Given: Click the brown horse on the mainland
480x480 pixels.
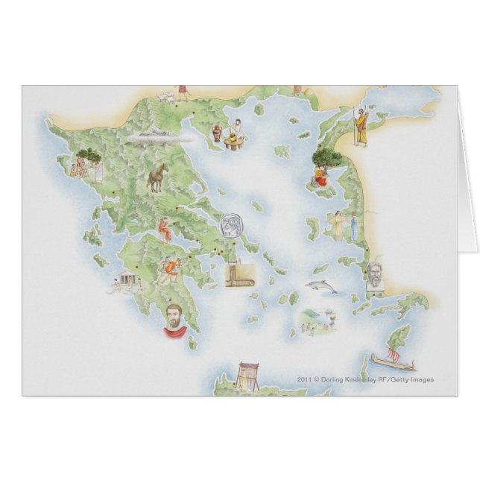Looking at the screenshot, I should pyautogui.click(x=157, y=178).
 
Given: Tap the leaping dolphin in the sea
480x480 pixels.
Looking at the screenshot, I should pyautogui.click(x=323, y=285).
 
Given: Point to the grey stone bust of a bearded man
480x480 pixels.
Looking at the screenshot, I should pyautogui.click(x=374, y=275).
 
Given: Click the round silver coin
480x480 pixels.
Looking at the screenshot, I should pyautogui.click(x=230, y=224).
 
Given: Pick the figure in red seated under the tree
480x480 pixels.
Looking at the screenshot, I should pyautogui.click(x=319, y=175).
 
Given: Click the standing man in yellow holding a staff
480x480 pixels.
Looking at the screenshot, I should pyautogui.click(x=361, y=127).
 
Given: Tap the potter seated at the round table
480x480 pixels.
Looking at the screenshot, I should pyautogui.click(x=235, y=133).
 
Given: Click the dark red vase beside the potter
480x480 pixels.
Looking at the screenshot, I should pyautogui.click(x=216, y=133).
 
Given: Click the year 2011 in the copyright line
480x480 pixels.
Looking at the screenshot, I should pyautogui.click(x=303, y=379).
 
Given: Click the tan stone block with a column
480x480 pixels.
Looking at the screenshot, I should pyautogui.click(x=240, y=275).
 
